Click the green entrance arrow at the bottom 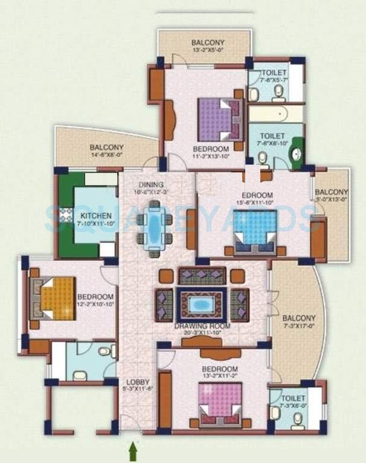[x=132, y=450]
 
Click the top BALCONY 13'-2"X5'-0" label [x=208, y=43]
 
